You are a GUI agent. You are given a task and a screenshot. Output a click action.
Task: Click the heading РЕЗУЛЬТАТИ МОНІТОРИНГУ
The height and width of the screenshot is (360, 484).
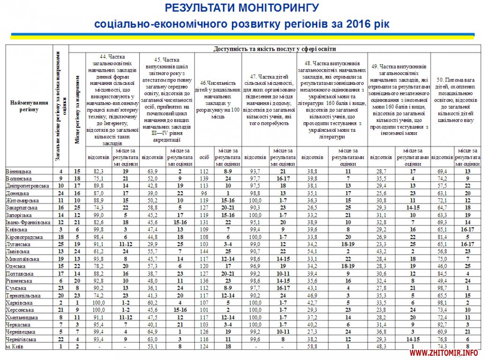[242, 8]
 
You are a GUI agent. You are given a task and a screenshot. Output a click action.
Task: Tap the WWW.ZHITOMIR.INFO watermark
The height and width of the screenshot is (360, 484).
[447, 352]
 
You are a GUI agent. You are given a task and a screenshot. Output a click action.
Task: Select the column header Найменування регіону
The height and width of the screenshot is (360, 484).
[30, 106]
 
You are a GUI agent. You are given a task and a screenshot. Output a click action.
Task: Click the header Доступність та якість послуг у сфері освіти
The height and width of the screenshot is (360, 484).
[275, 48]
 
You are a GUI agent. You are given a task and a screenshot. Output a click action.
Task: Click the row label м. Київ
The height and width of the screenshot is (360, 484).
[16, 346]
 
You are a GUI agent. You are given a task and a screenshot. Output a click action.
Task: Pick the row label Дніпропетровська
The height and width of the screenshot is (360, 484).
[27, 186]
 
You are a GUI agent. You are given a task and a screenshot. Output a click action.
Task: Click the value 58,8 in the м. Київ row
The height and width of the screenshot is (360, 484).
[312, 346]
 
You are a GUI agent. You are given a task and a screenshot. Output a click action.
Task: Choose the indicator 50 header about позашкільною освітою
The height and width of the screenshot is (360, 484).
[454, 100]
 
